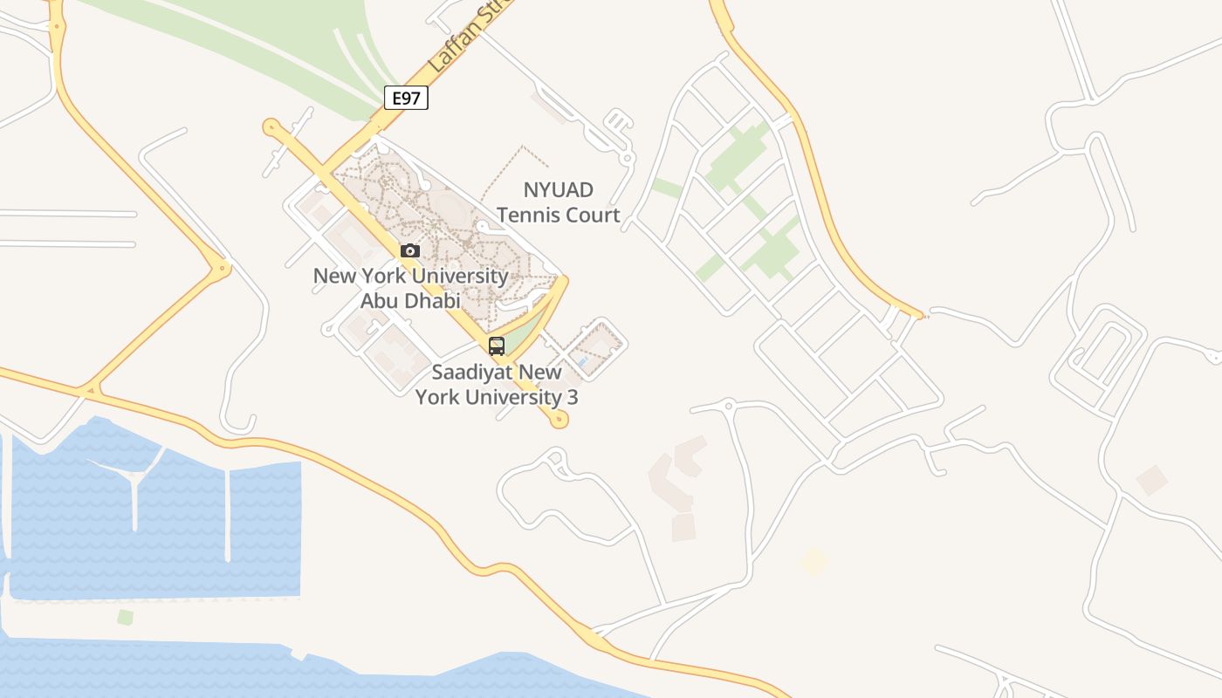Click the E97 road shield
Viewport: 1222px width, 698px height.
[406, 98]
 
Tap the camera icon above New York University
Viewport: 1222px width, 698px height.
[409, 251]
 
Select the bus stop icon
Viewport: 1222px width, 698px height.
[497, 346]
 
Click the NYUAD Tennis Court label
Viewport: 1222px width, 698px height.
[559, 202]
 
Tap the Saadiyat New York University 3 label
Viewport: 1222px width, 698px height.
[497, 385]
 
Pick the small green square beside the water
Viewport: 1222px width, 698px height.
[126, 618]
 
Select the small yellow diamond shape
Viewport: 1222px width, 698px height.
[814, 561]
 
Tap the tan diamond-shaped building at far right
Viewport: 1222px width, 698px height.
[1151, 480]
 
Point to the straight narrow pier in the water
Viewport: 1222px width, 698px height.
[228, 515]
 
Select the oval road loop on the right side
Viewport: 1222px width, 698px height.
[1098, 353]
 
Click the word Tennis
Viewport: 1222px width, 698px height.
[533, 215]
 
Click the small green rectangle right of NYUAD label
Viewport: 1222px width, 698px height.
[668, 188]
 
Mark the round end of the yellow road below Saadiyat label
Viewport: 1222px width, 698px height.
[560, 421]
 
